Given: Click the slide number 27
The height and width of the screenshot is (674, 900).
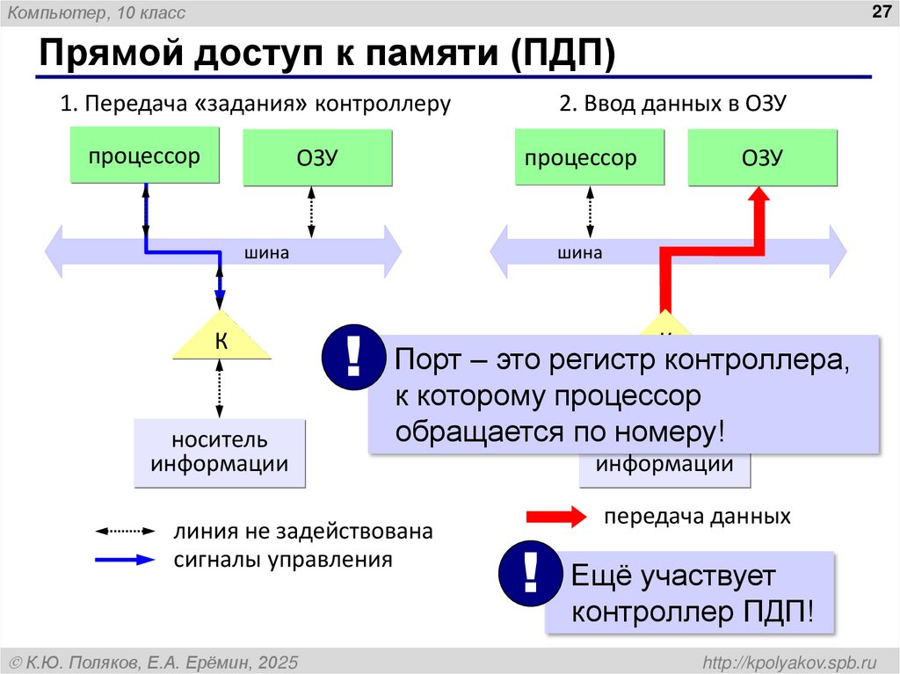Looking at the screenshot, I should (x=880, y=11).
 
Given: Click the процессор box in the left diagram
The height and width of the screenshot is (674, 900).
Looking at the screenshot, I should (x=143, y=156).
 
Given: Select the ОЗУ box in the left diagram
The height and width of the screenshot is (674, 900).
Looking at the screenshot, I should (x=317, y=158).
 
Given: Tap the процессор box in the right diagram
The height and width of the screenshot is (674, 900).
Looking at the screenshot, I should (x=581, y=158).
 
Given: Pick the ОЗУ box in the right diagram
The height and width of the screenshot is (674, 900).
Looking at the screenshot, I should (x=762, y=158).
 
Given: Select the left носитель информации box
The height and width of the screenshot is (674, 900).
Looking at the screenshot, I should (x=220, y=453).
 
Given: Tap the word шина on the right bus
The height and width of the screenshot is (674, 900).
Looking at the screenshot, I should (x=580, y=253).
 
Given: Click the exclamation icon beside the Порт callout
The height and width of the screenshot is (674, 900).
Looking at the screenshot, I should (x=353, y=357).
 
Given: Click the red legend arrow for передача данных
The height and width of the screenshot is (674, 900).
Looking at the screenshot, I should (x=556, y=517).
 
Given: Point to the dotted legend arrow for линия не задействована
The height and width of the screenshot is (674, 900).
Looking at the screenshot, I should (x=125, y=532).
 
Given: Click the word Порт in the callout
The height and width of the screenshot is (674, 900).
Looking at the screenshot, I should (x=425, y=359).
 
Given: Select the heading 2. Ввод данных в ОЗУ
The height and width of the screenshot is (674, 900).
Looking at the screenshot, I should (x=671, y=104).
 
